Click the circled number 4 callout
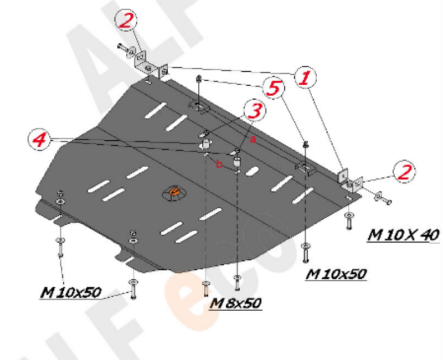[x=39, y=140]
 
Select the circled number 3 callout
[x=255, y=110]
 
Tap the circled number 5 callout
[x=274, y=88]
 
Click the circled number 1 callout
[x=305, y=78]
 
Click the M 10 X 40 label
[x=404, y=235]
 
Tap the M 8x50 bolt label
[x=236, y=304]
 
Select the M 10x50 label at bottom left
[x=70, y=292]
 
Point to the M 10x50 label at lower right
[x=336, y=274]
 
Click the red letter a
[x=253, y=139]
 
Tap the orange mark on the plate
[x=174, y=192]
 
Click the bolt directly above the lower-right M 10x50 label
[x=306, y=253]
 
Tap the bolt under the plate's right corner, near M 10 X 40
[x=349, y=221]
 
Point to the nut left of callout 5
[x=199, y=79]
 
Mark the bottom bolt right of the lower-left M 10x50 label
[x=133, y=289]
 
